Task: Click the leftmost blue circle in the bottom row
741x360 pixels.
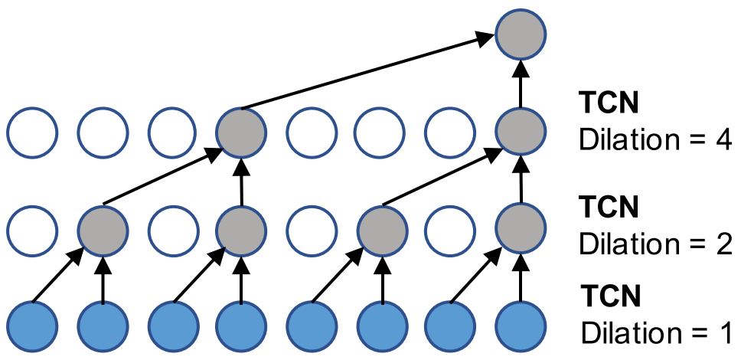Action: [x=32, y=325]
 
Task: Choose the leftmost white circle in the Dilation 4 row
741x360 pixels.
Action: [x=32, y=131]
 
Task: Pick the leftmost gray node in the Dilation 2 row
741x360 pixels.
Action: [x=102, y=228]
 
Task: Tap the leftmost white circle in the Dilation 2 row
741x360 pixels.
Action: [x=32, y=228]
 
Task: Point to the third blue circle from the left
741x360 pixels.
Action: [x=171, y=325]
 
